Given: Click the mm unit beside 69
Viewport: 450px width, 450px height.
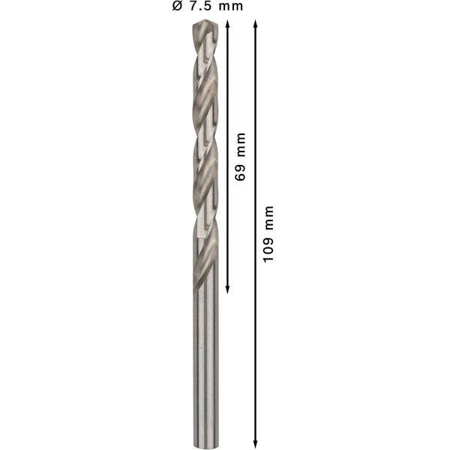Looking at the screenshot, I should click(240, 145).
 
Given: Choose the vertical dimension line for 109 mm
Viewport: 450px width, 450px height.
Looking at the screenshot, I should click(255, 337).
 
